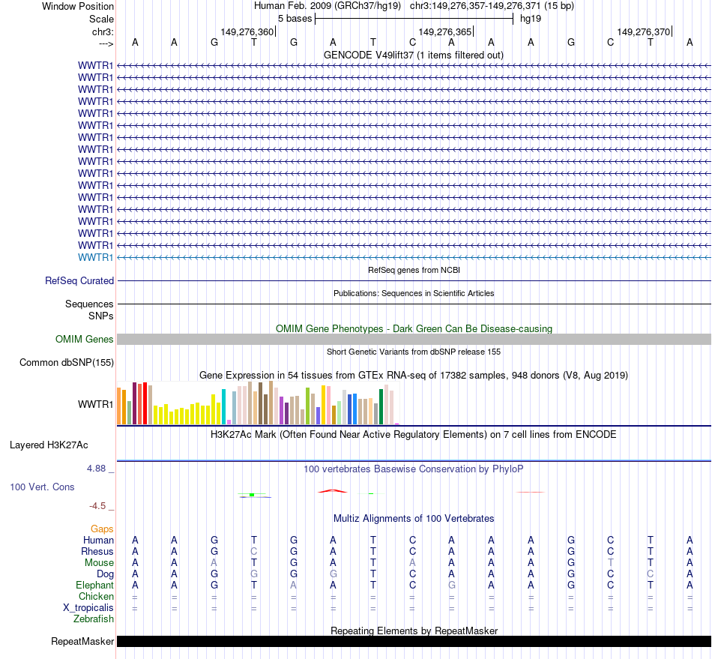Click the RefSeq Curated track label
[x=79, y=280]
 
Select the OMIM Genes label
[x=85, y=339]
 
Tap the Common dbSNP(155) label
[x=67, y=363]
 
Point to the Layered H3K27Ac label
[x=49, y=445]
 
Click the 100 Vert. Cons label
[x=42, y=487]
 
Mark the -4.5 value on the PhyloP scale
[x=99, y=506]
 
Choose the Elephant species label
[x=94, y=585]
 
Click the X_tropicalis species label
[x=88, y=607]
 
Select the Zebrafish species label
[x=94, y=619]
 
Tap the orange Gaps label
[x=102, y=529]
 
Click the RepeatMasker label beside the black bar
[x=82, y=641]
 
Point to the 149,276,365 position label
[x=445, y=32]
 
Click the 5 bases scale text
[x=295, y=18]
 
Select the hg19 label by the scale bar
[x=531, y=18]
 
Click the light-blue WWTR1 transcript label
[x=96, y=257]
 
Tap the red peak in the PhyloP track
[x=332, y=491]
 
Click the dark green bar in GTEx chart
[x=381, y=406]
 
